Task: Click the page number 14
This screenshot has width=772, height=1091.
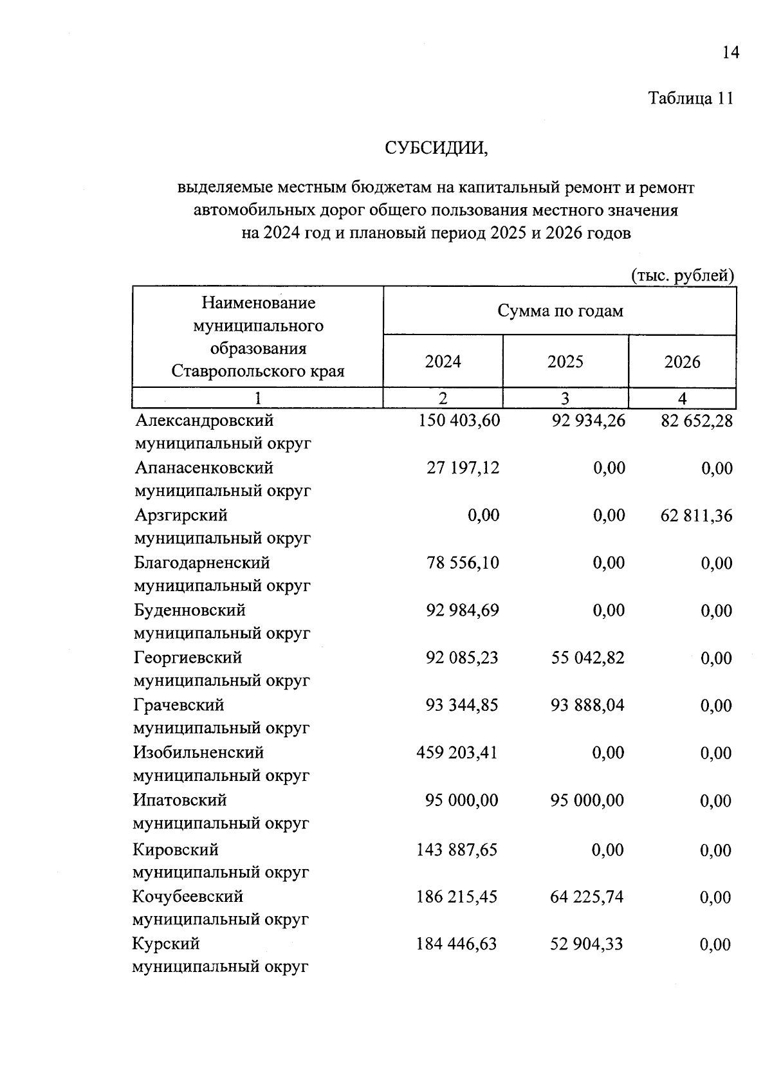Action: point(730,52)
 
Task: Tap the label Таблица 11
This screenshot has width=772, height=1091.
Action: point(690,98)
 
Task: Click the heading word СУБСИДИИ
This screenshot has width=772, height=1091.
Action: point(437,148)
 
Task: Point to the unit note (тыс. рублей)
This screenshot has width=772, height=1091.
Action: point(683,276)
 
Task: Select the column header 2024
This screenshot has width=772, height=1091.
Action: point(443,362)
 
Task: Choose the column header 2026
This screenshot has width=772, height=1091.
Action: point(682,362)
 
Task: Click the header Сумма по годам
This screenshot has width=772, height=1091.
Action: point(560,311)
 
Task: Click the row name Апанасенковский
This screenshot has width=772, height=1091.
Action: point(204,468)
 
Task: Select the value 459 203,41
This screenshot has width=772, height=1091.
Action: point(457,753)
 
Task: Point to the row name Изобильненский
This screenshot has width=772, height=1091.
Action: point(198,753)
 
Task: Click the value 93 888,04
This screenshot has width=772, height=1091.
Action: point(587,706)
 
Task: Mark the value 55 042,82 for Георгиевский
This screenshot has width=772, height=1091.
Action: point(587,658)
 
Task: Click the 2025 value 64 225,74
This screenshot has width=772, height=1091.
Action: point(587,897)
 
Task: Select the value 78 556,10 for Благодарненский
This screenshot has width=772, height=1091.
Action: point(462,563)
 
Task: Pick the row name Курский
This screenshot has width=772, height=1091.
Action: point(166,944)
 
